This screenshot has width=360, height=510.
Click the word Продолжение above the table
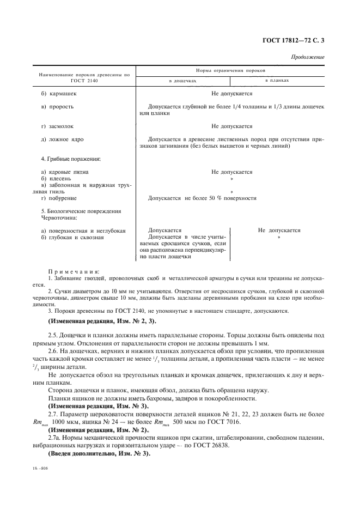click(308, 57)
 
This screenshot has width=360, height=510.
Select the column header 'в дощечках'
click(182, 81)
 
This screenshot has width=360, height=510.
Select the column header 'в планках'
click(277, 81)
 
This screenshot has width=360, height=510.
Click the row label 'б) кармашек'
click(59, 94)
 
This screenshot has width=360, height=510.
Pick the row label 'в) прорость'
click(58, 107)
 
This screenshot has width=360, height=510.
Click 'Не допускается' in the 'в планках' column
click(279, 230)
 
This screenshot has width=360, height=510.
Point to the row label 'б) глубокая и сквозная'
click(72, 237)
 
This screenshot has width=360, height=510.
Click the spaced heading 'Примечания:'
click(74, 271)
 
